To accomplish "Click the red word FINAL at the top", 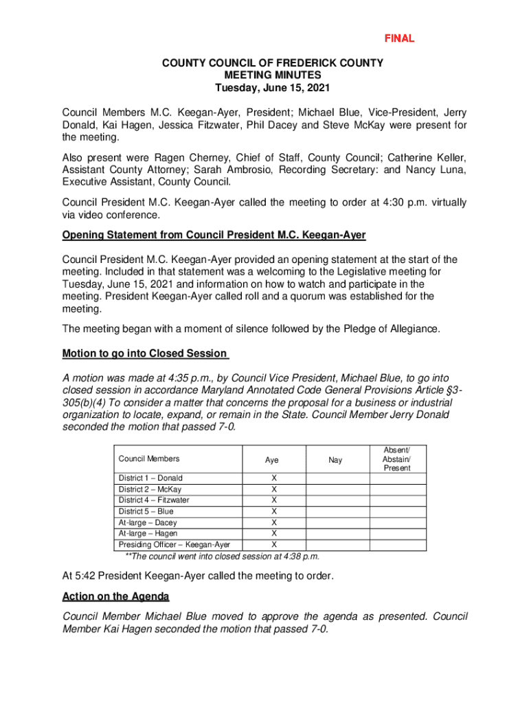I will (398, 38).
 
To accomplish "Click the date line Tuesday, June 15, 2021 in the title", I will (273, 89).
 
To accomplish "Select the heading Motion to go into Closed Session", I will (144, 354).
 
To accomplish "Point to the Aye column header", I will (273, 460).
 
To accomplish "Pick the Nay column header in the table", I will (335, 460).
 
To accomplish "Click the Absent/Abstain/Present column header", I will (397, 459).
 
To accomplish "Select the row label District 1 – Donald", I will (150, 478).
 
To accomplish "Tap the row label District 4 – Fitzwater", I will (154, 500).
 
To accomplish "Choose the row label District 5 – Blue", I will (146, 511).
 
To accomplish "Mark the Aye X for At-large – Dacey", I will (274, 522).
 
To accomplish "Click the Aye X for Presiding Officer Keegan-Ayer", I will (274, 544).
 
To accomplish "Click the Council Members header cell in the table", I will (149, 459).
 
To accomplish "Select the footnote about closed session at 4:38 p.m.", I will (221, 555).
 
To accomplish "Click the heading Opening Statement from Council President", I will (214, 235).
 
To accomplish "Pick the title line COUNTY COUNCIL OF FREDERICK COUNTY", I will (273, 63).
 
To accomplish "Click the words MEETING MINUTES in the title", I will (273, 76).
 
